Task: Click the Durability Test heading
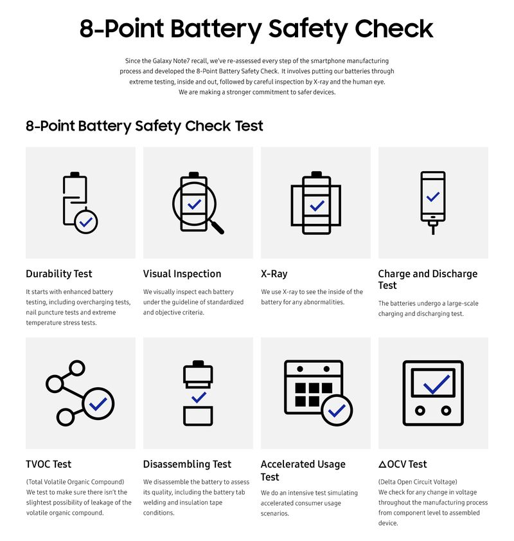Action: [x=58, y=274]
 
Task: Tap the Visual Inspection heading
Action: [x=182, y=274]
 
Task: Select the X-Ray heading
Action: [x=274, y=274]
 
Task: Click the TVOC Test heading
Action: [x=48, y=464]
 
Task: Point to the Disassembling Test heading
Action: [x=187, y=464]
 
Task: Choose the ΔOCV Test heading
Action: [x=402, y=464]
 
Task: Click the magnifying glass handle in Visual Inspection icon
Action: [x=217, y=226]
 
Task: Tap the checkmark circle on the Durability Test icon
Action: [x=86, y=221]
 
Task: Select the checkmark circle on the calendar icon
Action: [x=336, y=410]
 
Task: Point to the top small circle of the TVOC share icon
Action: [x=77, y=369]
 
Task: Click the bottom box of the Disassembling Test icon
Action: [x=198, y=416]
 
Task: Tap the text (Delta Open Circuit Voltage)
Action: [x=418, y=482]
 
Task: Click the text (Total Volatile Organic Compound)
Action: [x=75, y=482]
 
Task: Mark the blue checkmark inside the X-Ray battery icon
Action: [x=317, y=206]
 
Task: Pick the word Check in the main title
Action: [x=394, y=29]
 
